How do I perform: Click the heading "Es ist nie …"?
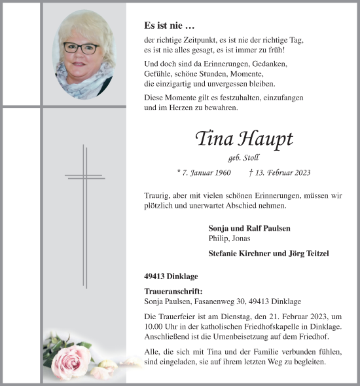pyautogui.click(x=169, y=26)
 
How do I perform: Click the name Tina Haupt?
pyautogui.click(x=243, y=139)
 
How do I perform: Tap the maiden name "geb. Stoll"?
pyautogui.click(x=243, y=158)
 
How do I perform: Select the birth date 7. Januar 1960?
pyautogui.click(x=204, y=173)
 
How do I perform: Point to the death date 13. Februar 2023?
pyautogui.click(x=279, y=173)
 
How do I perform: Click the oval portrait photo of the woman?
pyautogui.click(x=82, y=54)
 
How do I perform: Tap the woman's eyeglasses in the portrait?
pyautogui.click(x=82, y=48)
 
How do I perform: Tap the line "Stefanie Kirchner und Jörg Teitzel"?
pyautogui.click(x=268, y=254)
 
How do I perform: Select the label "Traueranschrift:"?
pyautogui.click(x=173, y=292)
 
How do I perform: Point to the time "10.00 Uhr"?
pyautogui.click(x=160, y=327)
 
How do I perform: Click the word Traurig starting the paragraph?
pyautogui.click(x=156, y=196)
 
